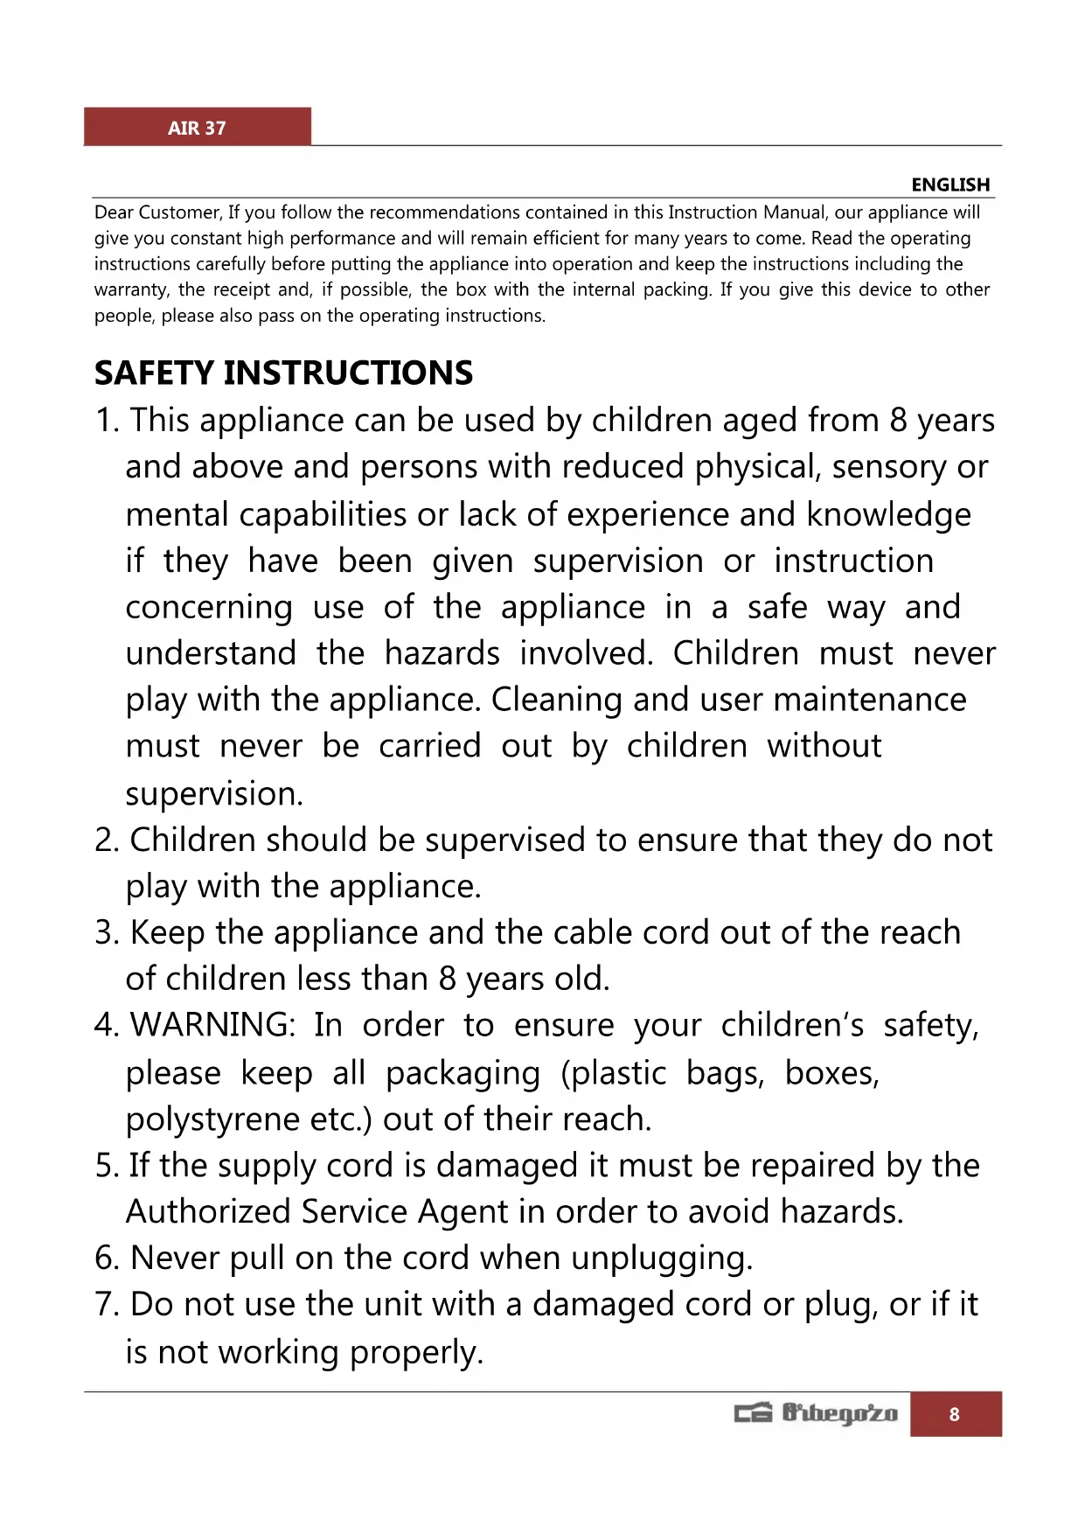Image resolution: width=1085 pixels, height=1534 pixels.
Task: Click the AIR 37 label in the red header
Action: coord(197,129)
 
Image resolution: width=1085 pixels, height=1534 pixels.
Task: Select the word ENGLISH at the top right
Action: coord(950,185)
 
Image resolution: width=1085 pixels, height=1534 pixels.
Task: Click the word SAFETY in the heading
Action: coord(154,373)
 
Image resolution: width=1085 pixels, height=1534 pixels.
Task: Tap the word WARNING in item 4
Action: coord(212,1025)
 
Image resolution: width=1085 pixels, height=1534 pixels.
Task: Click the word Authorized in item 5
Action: coord(208,1212)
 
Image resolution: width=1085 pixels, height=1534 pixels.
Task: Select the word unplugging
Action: coord(661,1259)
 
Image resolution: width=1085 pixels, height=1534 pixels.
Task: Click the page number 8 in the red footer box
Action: coord(954,1414)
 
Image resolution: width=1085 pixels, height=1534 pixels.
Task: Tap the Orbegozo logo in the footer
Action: coord(816,1413)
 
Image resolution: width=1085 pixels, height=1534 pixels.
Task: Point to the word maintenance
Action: coord(870,701)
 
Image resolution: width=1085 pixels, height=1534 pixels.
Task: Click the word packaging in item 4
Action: coord(463,1074)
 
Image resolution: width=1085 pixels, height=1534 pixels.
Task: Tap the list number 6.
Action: coord(105,1259)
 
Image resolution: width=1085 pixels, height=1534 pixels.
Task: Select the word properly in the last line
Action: coord(416,1353)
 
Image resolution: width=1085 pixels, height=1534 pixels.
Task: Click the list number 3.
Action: coord(105,933)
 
